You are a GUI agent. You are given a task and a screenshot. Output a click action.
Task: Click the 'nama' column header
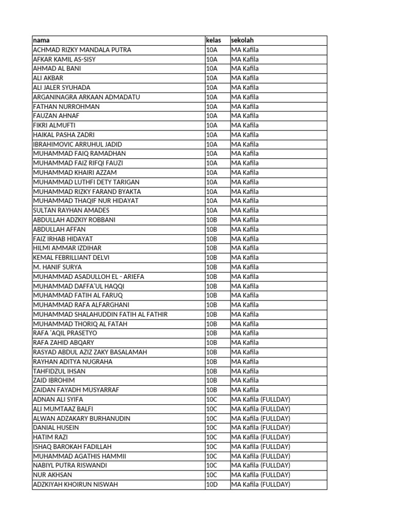click(x=42, y=40)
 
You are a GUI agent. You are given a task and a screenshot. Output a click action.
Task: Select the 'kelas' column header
click(x=213, y=40)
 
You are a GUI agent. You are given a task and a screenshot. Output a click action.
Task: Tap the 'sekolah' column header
click(x=243, y=40)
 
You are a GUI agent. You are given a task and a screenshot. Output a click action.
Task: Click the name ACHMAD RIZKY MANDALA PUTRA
click(x=82, y=50)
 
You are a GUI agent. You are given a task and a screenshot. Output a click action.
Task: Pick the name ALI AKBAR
click(x=48, y=78)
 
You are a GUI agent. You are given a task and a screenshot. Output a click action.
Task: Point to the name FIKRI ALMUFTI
click(x=54, y=125)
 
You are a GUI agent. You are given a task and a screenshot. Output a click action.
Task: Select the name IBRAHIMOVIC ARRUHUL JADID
click(x=77, y=144)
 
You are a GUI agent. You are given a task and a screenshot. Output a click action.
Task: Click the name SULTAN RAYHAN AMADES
click(x=71, y=210)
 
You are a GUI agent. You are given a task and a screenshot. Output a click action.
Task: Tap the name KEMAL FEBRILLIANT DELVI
click(x=71, y=257)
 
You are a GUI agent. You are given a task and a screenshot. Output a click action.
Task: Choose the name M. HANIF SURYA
click(x=57, y=267)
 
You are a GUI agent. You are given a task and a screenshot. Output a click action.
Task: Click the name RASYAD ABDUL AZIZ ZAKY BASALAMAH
click(x=90, y=352)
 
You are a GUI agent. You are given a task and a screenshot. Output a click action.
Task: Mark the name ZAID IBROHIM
click(x=53, y=380)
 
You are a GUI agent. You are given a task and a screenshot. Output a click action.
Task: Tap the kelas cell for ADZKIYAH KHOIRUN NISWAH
click(x=212, y=484)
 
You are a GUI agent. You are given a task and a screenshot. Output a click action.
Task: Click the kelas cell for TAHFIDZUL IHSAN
click(x=212, y=371)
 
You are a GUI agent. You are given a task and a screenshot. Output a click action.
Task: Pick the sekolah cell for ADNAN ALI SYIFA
click(x=261, y=399)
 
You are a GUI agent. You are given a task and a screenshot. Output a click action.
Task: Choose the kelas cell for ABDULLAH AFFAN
click(x=212, y=229)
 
